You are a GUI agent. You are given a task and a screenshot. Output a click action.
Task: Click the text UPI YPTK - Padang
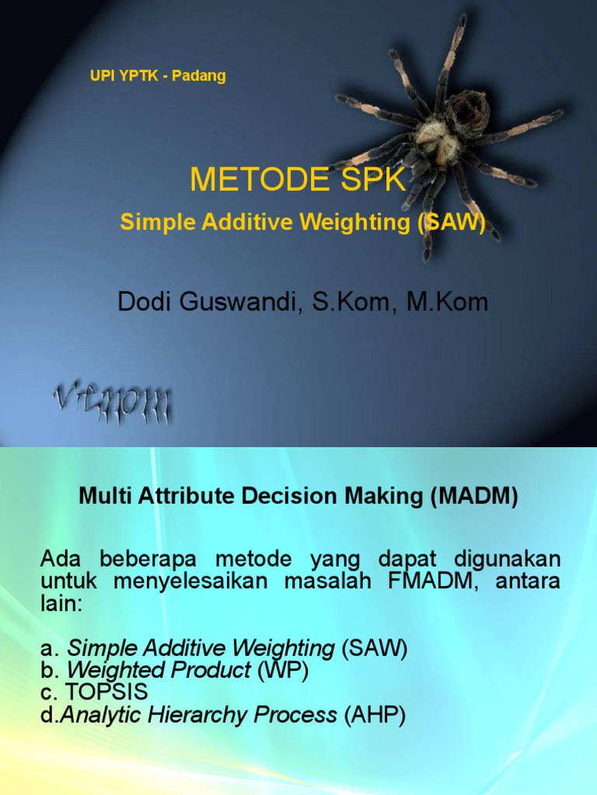[x=158, y=76]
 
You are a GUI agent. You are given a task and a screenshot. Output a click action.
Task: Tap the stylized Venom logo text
[x=113, y=404]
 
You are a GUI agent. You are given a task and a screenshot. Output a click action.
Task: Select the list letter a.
[x=46, y=649]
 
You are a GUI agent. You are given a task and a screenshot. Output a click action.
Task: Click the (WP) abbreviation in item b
[x=282, y=671]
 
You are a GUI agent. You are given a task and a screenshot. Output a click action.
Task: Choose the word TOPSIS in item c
[x=107, y=693]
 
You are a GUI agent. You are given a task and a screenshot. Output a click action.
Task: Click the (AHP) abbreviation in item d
[x=375, y=715]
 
